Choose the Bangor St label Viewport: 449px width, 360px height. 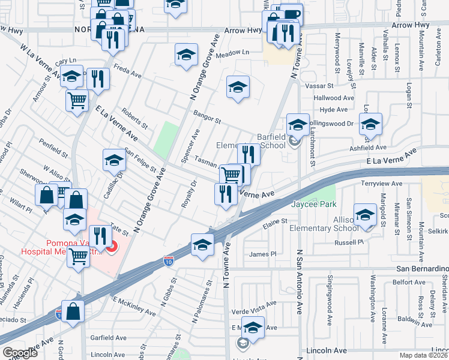pos(207,116)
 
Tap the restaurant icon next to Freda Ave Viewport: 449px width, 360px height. pos(97,78)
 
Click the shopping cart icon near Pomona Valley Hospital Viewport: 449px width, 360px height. pos(79,257)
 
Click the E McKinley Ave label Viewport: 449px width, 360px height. pos(133,305)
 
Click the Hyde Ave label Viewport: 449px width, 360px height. pos(334,110)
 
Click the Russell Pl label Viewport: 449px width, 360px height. pos(349,242)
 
